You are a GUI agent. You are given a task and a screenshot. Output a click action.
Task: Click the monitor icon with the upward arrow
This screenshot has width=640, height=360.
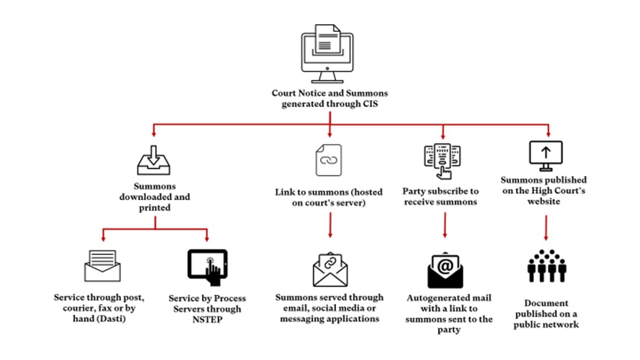pos(546,155)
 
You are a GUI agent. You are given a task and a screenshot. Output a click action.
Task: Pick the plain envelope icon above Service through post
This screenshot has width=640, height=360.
pos(102,266)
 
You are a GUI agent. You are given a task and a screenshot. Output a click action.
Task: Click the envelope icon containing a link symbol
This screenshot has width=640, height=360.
pos(330,269)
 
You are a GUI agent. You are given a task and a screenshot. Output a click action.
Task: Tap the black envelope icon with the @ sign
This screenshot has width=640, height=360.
pos(445,269)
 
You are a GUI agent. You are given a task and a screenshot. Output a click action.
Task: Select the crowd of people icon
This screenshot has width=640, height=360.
pos(546,266)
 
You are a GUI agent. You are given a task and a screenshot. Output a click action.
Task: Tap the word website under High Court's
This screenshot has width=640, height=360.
pos(544,202)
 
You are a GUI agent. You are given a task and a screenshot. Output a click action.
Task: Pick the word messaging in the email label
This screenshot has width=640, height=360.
pos(299,318)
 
